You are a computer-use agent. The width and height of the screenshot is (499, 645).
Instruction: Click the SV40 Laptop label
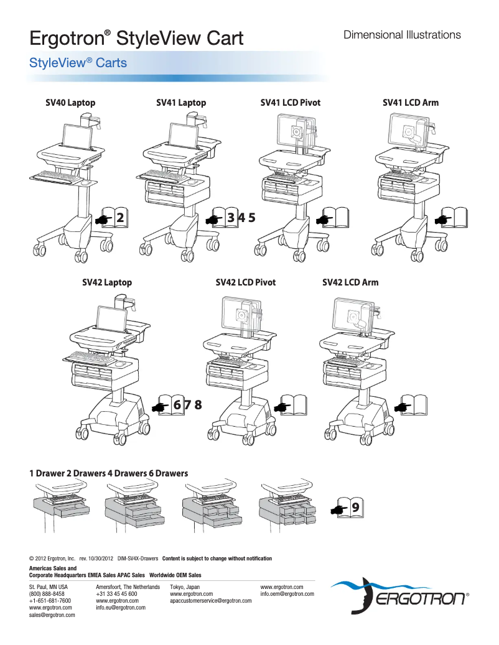point(70,103)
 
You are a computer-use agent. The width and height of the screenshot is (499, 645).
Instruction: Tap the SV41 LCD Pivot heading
point(290,103)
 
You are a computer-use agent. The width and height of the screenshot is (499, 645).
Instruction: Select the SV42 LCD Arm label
point(350,282)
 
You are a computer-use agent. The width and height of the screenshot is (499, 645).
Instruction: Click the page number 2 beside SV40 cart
point(119,218)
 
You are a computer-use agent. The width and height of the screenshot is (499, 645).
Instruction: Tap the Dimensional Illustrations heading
point(402,35)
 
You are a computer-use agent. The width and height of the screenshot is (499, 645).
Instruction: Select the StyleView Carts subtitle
point(78,63)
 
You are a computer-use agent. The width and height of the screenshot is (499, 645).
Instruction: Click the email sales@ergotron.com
point(52,615)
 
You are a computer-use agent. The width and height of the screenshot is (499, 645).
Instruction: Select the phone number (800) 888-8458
point(47,594)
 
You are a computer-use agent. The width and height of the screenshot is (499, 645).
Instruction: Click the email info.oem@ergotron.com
point(287,594)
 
